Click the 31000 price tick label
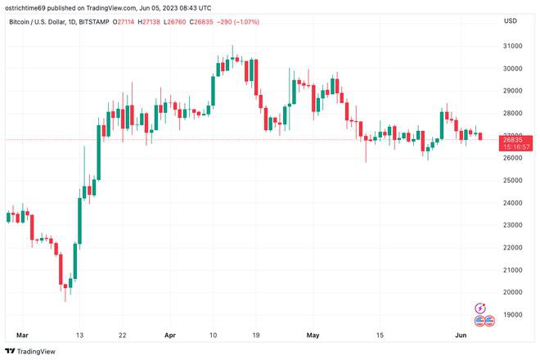point(513,46)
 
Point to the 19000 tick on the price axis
point(513,314)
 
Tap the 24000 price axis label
point(513,202)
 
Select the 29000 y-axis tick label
point(513,91)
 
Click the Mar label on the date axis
point(22,335)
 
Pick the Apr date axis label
point(170,335)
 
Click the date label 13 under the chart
point(79,335)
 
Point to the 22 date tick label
point(122,335)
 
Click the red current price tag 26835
point(515,139)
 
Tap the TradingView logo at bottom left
point(33,351)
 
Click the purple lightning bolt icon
point(481,308)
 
